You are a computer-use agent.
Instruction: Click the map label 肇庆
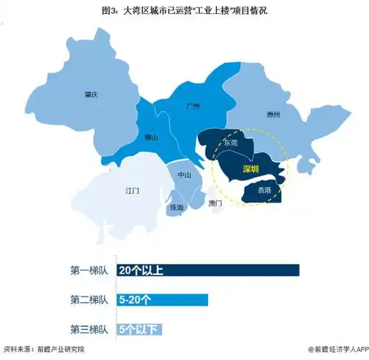pyautogui.click(x=92, y=94)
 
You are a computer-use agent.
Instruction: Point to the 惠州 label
pyautogui.click(x=273, y=115)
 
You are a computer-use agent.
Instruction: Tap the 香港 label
pyautogui.click(x=263, y=190)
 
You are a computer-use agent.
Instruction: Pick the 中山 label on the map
pyautogui.click(x=183, y=175)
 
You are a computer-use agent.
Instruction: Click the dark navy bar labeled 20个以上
pyautogui.click(x=208, y=271)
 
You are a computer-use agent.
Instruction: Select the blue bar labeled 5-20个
pyautogui.click(x=162, y=299)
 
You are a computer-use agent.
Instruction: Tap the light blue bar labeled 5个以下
pyautogui.click(x=139, y=328)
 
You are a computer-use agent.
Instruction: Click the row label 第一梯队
pyautogui.click(x=89, y=271)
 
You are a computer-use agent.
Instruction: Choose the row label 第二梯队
pyautogui.click(x=89, y=299)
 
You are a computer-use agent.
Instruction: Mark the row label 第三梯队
pyautogui.click(x=89, y=328)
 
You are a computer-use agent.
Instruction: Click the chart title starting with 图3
pyautogui.click(x=184, y=10)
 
